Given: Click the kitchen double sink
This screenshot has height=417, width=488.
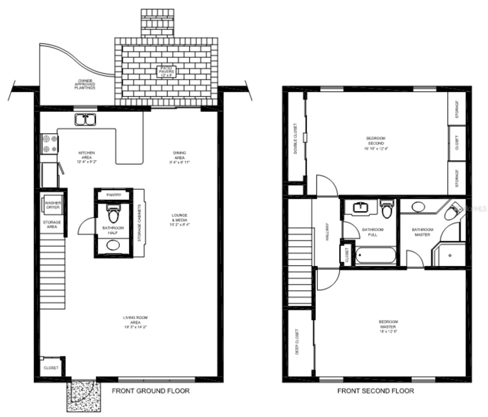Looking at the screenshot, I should (x=85, y=120).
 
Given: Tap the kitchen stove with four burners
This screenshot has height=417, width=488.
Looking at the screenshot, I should (x=49, y=144).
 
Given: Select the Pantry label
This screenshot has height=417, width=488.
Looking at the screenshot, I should (x=113, y=195).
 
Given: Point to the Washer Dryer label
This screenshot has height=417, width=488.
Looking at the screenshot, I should (x=52, y=205).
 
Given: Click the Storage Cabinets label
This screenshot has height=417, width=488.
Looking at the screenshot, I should (x=140, y=223).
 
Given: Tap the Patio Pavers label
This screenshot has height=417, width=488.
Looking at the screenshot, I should (x=166, y=71).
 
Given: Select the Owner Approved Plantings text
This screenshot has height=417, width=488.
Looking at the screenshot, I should (x=85, y=84).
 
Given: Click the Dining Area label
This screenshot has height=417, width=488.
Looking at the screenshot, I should (x=179, y=157).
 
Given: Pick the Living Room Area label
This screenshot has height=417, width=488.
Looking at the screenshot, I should (x=135, y=322).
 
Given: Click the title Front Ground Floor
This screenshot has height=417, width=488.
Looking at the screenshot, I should (x=151, y=391).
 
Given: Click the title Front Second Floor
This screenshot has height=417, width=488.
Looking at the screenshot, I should (x=376, y=391).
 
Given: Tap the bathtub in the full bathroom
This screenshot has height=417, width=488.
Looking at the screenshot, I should (x=375, y=255).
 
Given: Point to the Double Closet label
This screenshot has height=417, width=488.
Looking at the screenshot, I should (x=295, y=138).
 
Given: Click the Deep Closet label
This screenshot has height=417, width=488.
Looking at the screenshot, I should (x=297, y=342).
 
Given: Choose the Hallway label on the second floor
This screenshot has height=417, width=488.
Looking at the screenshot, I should (x=327, y=232).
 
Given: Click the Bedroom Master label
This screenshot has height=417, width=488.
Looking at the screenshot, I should (x=388, y=327).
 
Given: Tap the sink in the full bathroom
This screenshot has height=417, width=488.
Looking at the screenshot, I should (x=361, y=208).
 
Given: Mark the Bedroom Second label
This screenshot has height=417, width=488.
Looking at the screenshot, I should (x=376, y=143).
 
